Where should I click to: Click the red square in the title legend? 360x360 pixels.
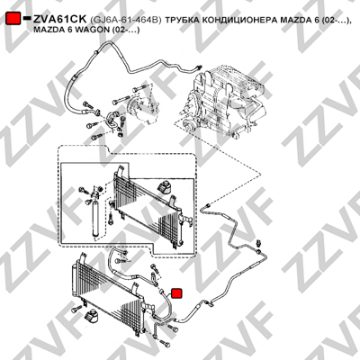13,19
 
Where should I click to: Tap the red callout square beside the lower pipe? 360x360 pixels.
177,293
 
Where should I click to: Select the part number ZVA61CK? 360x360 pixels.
60,20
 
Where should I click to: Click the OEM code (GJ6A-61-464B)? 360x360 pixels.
126,20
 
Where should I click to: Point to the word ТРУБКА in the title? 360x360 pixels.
182,20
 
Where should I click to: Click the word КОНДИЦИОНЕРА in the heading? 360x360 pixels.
239,20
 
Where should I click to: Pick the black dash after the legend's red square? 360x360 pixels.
27,18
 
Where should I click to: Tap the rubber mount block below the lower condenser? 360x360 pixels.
90,317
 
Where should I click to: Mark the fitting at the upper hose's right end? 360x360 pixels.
198,67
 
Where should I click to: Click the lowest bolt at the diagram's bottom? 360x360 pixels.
164,342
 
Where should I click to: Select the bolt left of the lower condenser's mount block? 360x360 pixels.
76,310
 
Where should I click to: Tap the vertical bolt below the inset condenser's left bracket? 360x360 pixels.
111,217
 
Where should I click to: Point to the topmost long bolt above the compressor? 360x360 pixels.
139,88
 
